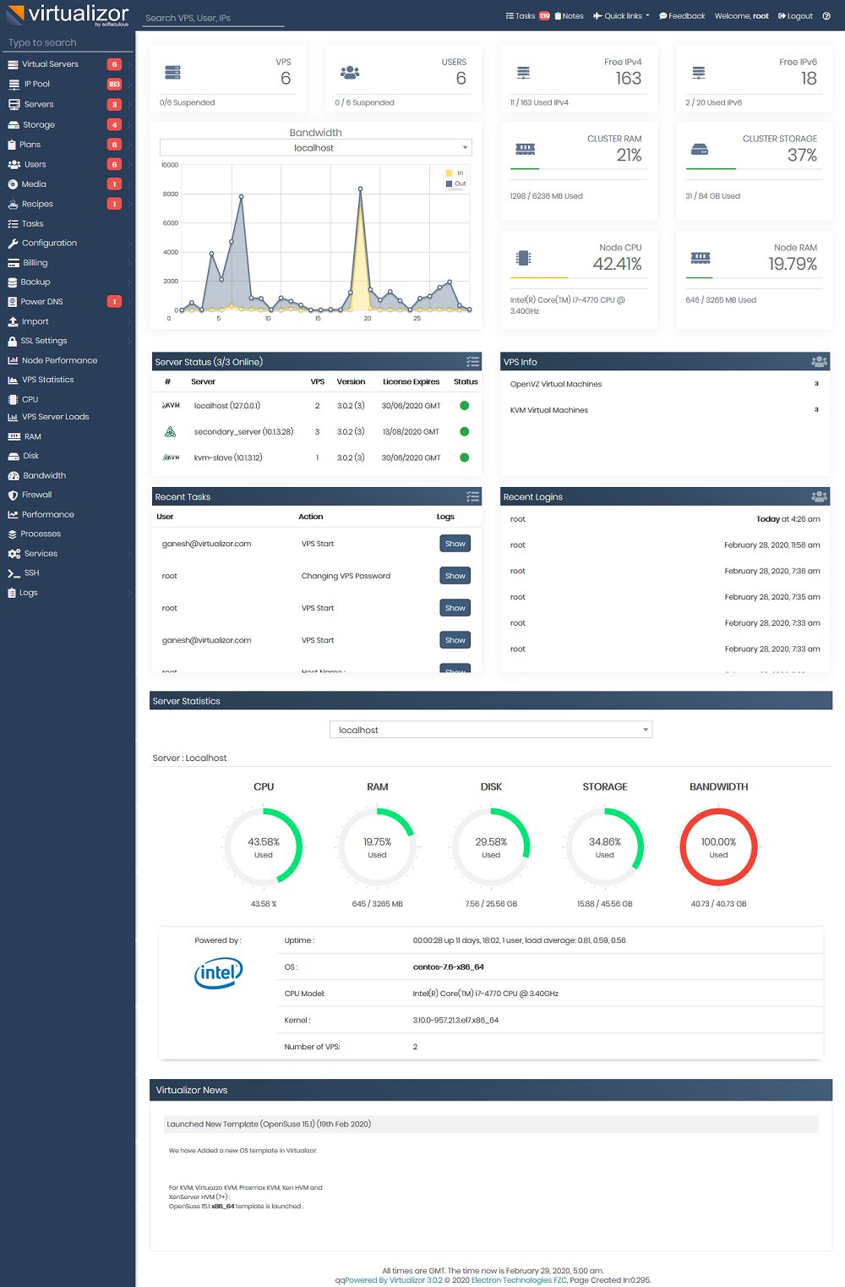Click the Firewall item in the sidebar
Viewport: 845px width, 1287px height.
pyautogui.click(x=36, y=495)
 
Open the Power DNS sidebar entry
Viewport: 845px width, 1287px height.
pyautogui.click(x=41, y=302)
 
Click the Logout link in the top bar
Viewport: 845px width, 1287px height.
pyautogui.click(x=795, y=16)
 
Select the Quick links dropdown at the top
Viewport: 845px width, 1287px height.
pyautogui.click(x=622, y=16)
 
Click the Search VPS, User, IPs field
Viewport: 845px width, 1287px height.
pyautogui.click(x=213, y=18)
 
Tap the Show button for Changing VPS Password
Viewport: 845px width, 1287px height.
pyautogui.click(x=455, y=576)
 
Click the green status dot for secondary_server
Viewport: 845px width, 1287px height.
pyautogui.click(x=464, y=432)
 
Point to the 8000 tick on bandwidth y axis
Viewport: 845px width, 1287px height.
pyautogui.click(x=171, y=194)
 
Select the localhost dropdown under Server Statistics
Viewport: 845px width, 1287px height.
pyautogui.click(x=490, y=730)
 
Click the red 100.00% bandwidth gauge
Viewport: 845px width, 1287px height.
pyautogui.click(x=718, y=846)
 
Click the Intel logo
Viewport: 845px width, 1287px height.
pyautogui.click(x=218, y=973)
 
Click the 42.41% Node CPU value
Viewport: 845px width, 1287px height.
pyautogui.click(x=617, y=264)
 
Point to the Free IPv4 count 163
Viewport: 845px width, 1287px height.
pyautogui.click(x=628, y=79)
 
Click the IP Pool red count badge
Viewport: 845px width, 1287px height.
pyautogui.click(x=114, y=85)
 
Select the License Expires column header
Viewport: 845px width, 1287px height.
pyautogui.click(x=411, y=382)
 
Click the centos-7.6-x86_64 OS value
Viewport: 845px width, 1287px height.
pyautogui.click(x=448, y=967)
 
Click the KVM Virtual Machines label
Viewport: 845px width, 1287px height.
pyautogui.click(x=548, y=410)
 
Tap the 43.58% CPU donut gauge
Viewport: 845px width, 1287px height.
pyautogui.click(x=264, y=846)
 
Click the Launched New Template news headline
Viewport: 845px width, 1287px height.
pyautogui.click(x=269, y=1124)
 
